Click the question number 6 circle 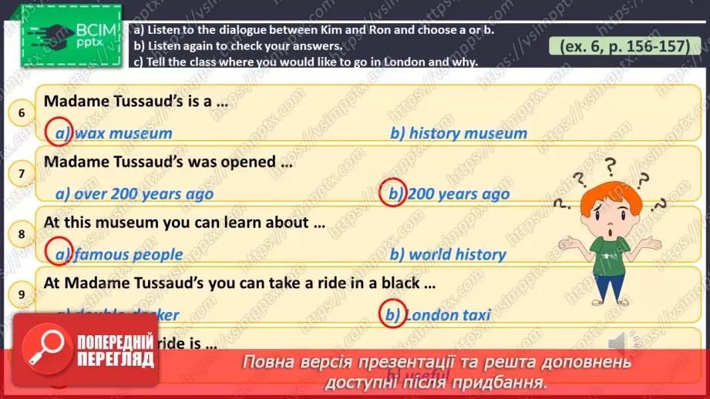pos(22,114)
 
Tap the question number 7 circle pos(22,174)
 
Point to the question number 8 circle pos(22,234)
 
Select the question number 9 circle pos(22,293)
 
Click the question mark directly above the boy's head pos(611,165)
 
